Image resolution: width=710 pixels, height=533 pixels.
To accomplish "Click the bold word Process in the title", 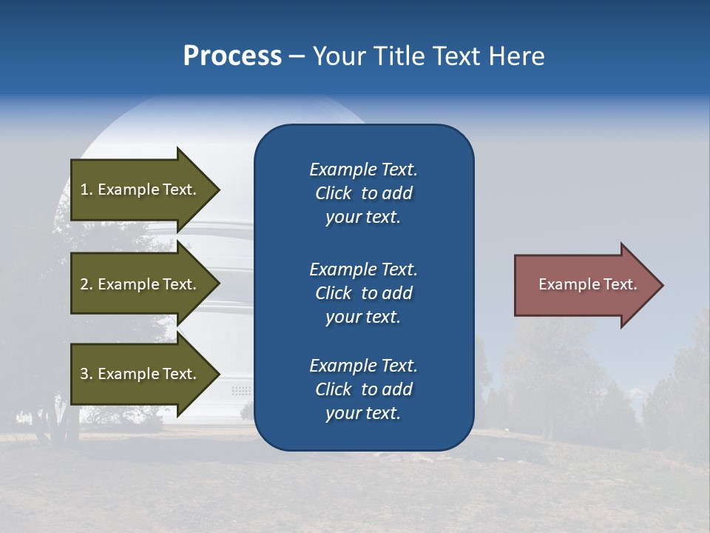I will tap(232, 56).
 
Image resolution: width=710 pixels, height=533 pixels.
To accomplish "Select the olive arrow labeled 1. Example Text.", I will tap(141, 190).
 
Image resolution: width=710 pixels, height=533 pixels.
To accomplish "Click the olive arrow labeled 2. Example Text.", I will tap(141, 284).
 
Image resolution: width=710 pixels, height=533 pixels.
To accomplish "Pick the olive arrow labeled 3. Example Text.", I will tap(141, 375).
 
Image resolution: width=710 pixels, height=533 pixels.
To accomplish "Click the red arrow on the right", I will tap(584, 285).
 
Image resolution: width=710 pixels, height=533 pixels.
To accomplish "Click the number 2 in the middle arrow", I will tap(84, 284).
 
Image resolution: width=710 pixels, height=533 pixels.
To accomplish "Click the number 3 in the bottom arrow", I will tap(84, 375).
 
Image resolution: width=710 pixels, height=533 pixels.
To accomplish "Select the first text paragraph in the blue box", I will tap(363, 193).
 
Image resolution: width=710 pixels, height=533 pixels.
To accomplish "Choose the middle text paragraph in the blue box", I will tap(363, 293).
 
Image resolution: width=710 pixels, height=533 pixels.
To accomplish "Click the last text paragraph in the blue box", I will tap(363, 389).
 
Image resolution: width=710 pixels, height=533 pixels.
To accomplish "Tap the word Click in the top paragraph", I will tap(333, 193).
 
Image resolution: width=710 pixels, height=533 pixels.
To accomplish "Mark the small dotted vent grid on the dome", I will tap(241, 390).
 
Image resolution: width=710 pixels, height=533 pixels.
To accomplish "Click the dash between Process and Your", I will tap(297, 56).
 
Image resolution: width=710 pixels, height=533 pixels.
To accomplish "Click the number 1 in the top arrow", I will tap(84, 190).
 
